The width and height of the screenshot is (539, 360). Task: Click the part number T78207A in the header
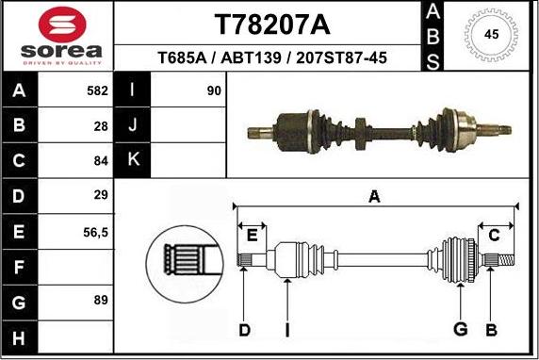pyautogui.click(x=273, y=23)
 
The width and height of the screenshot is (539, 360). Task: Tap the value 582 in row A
pyautogui.click(x=95, y=91)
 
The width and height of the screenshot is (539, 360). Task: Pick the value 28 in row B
pyautogui.click(x=101, y=125)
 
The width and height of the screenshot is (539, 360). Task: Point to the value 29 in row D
pyautogui.click(x=101, y=195)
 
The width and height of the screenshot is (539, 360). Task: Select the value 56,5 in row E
pyautogui.click(x=96, y=231)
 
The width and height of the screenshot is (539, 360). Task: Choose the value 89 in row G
pyautogui.click(x=101, y=301)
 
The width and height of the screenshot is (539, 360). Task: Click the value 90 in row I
pyautogui.click(x=214, y=91)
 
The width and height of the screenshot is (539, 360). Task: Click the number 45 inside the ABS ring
pyautogui.click(x=491, y=34)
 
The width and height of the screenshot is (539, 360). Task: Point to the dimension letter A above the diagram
pyautogui.click(x=374, y=197)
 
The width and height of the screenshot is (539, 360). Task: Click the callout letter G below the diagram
pyautogui.click(x=461, y=328)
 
